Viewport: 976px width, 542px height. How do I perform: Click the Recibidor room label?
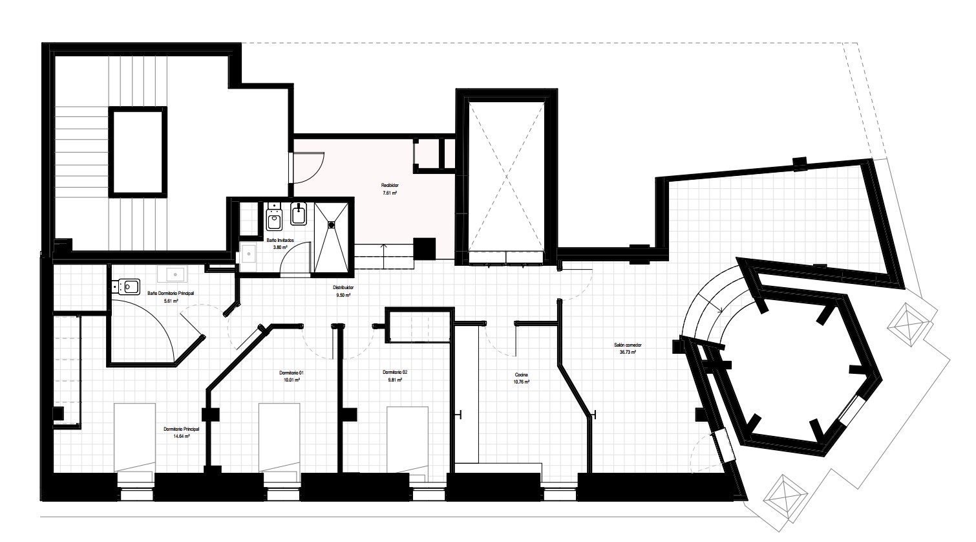pos(390,186)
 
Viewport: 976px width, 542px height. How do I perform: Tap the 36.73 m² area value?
pos(628,352)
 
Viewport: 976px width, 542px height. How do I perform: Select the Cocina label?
pos(521,375)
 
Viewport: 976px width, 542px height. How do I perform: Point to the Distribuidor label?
pos(343,288)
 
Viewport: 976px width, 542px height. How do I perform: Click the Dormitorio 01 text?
pos(292,373)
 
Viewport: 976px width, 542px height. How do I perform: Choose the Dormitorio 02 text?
pos(395,373)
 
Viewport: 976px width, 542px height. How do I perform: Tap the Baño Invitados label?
pos(280,240)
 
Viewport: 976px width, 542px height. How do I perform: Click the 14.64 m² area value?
pos(181,436)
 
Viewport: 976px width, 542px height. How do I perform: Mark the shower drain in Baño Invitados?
pos(332,224)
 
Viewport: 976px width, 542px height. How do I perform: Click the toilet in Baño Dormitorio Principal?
pos(126,287)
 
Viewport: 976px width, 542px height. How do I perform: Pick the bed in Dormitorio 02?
pos(407,440)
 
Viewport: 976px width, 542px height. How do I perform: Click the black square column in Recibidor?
pos(425,250)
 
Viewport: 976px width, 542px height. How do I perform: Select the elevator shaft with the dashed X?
pos(506,177)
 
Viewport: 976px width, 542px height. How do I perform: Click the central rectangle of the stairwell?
pos(138,153)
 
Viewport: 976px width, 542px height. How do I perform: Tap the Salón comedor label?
pos(628,345)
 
